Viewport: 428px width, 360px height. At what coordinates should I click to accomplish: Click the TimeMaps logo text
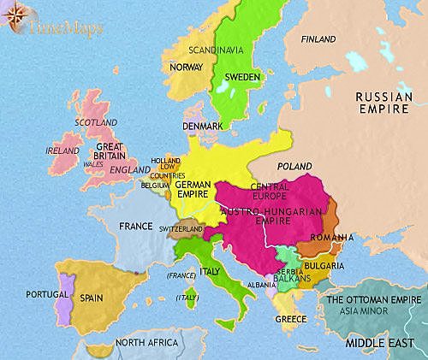pyautogui.click(x=62, y=27)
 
